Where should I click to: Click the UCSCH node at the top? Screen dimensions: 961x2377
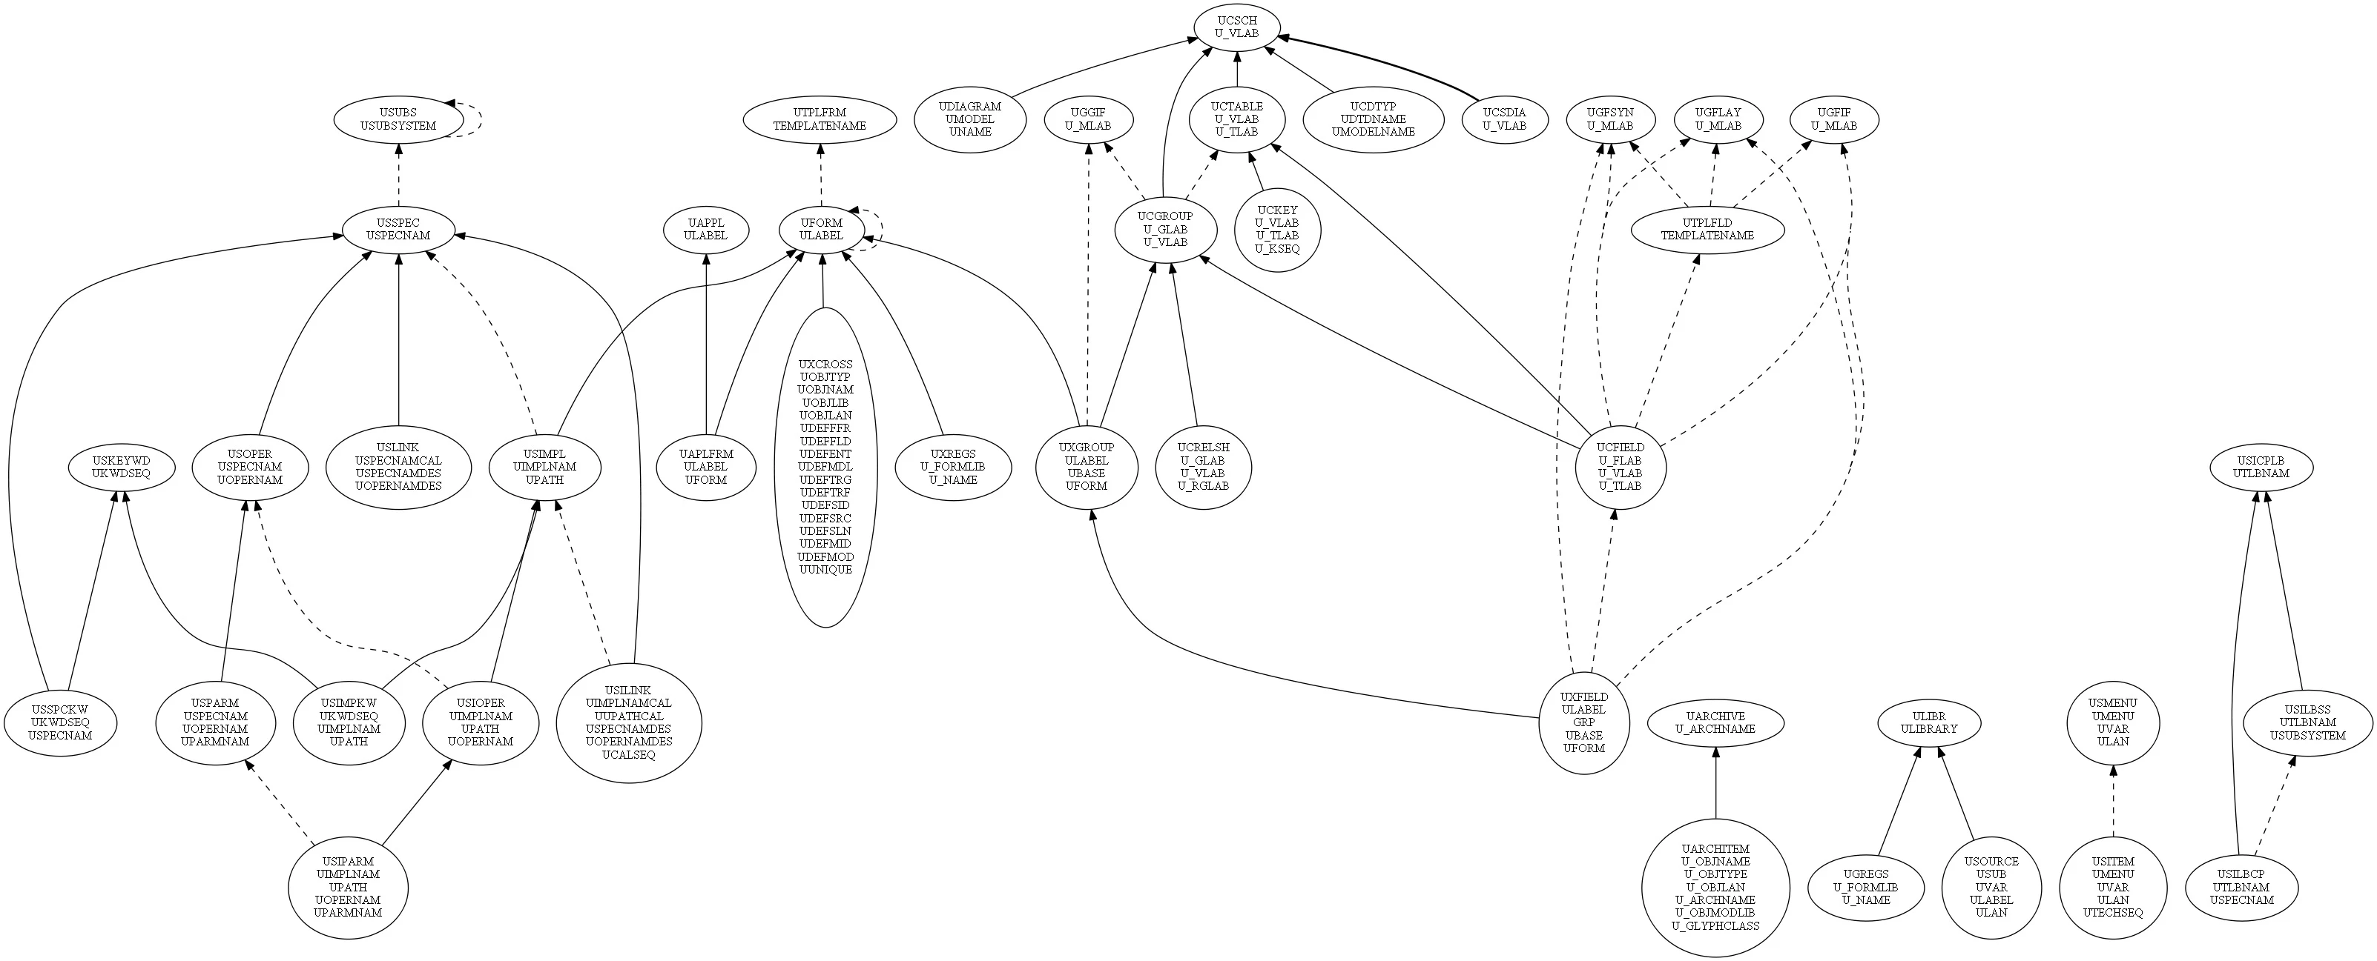1236,27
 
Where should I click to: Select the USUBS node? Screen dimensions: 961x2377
398,120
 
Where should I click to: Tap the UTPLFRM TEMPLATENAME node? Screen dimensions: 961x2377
820,120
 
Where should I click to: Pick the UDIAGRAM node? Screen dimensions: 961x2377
970,119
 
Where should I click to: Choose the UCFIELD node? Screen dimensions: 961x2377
1621,467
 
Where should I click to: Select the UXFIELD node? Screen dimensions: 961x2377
1583,722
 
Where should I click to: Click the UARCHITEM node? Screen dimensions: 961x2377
1715,887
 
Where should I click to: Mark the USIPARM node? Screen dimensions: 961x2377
348,887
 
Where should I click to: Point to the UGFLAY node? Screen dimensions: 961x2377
1718,120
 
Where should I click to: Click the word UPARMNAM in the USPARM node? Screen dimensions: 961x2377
215,742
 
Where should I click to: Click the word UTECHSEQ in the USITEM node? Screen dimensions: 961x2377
2113,913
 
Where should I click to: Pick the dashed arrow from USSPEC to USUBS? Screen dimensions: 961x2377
398,175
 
